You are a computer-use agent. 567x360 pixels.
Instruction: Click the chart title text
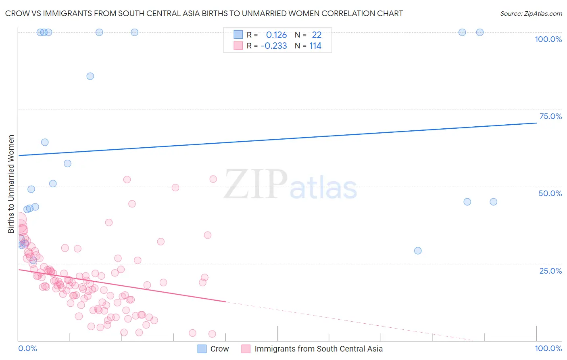pyautogui.click(x=204, y=13)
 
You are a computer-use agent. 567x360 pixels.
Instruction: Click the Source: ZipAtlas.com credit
pyautogui.click(x=531, y=13)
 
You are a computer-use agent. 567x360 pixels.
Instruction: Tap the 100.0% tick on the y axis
pyautogui.click(x=548, y=39)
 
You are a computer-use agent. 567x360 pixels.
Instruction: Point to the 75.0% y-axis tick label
pyautogui.click(x=550, y=116)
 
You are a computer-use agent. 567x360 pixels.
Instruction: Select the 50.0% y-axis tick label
pyautogui.click(x=550, y=193)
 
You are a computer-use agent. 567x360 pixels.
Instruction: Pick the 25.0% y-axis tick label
pyautogui.click(x=550, y=271)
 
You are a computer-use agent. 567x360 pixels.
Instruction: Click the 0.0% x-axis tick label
pyautogui.click(x=27, y=349)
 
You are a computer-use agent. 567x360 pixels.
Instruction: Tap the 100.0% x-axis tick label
pyautogui.click(x=548, y=349)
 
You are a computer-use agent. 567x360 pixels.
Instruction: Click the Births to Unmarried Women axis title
pyautogui.click(x=11, y=184)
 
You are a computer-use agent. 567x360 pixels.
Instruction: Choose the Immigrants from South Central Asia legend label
pyautogui.click(x=318, y=349)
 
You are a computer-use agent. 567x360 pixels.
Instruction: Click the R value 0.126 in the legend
pyautogui.click(x=276, y=35)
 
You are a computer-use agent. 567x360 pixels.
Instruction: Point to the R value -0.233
pyautogui.click(x=274, y=46)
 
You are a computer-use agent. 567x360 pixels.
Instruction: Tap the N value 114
pyautogui.click(x=315, y=46)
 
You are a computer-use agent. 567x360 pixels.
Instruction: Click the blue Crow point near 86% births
pyautogui.click(x=90, y=76)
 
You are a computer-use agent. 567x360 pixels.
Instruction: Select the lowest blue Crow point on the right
pyautogui.click(x=418, y=251)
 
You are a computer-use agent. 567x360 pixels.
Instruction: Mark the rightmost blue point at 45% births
pyautogui.click(x=493, y=202)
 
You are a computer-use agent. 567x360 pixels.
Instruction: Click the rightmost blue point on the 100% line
pyautogui.click(x=479, y=32)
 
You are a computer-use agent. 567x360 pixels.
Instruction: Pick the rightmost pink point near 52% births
pyautogui.click(x=213, y=179)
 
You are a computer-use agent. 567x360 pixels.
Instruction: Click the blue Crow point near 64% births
pyautogui.click(x=45, y=142)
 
